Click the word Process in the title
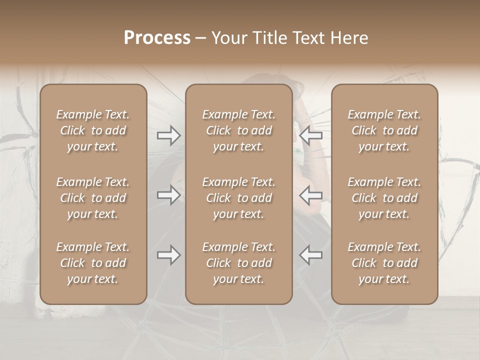point(157,38)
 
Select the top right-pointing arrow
point(168,135)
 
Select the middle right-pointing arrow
point(168,195)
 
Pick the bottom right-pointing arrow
point(168,255)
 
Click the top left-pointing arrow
point(310,135)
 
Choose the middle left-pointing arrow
point(310,195)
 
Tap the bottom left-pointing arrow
point(310,255)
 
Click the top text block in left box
point(93,130)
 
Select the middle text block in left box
point(93,198)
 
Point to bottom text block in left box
point(93,263)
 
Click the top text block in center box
point(239,130)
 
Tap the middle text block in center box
point(239,198)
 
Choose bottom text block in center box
point(239,263)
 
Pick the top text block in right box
point(384,130)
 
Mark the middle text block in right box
point(384,198)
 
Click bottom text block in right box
point(384,263)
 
